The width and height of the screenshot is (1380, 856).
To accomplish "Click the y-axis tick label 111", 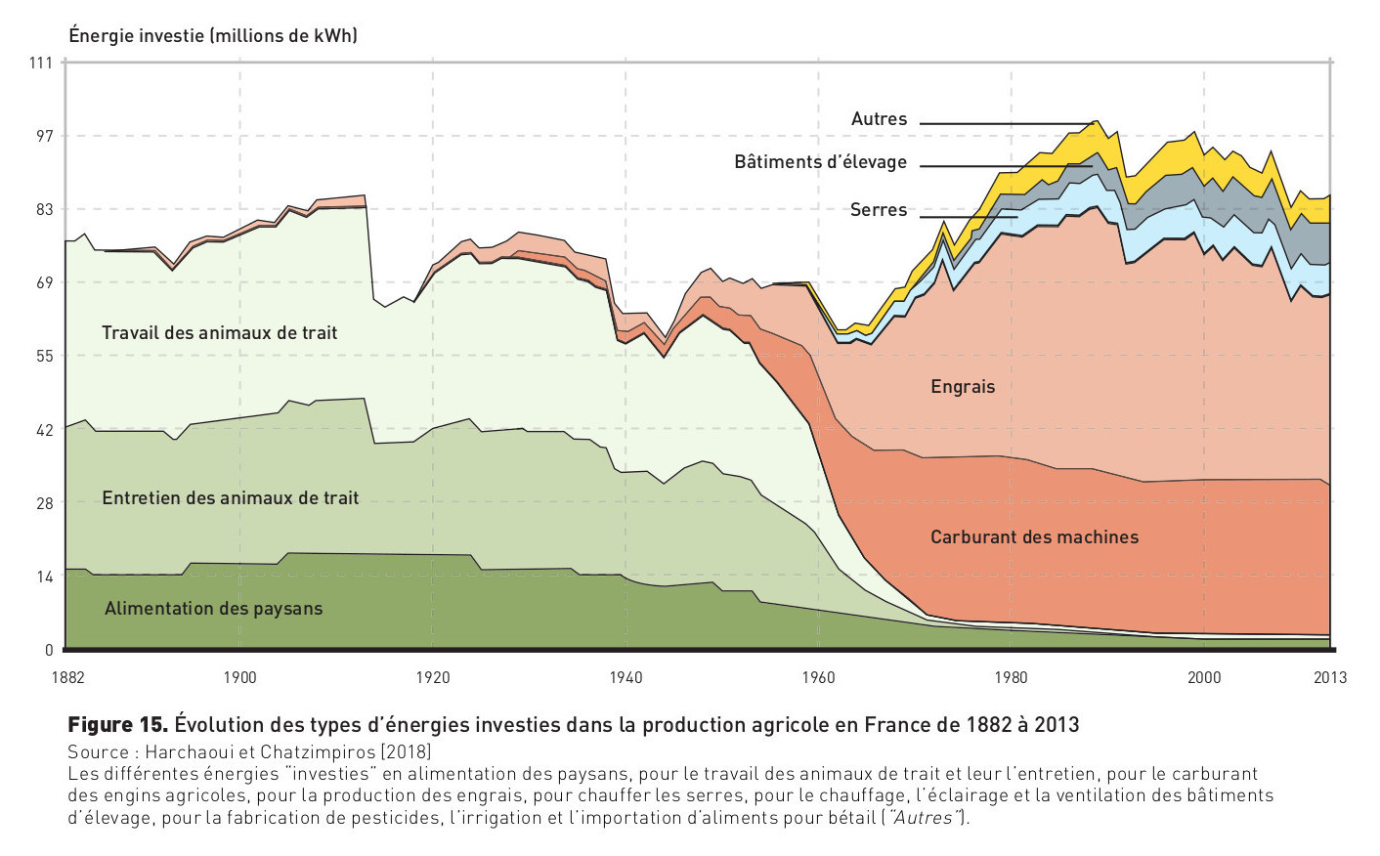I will [40, 63].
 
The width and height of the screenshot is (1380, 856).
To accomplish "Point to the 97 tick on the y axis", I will [44, 136].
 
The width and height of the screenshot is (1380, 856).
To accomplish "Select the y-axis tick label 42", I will [44, 430].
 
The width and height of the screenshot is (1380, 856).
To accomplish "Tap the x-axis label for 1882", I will [67, 677].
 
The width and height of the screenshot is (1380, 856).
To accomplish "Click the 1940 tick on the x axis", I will [625, 677].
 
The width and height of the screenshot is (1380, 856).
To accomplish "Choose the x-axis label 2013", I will [1329, 677].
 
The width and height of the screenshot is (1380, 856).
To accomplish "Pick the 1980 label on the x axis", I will [1011, 677].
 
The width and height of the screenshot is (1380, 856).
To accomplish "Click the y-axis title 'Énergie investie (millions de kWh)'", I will [213, 36].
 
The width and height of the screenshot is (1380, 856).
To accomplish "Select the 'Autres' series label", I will [879, 119].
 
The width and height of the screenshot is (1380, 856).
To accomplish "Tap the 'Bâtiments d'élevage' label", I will [820, 162].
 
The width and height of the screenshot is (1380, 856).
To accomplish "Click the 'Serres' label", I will [878, 210].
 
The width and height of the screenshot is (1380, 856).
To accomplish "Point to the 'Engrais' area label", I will [962, 387].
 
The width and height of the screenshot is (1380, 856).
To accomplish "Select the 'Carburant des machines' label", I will [1034, 537].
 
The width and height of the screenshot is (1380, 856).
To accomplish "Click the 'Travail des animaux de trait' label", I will [219, 333].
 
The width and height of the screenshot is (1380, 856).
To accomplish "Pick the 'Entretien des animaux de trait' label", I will [231, 498].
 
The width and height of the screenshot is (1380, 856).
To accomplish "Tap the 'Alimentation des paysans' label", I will [213, 609].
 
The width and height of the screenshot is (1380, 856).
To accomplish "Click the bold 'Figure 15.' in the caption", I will [117, 725].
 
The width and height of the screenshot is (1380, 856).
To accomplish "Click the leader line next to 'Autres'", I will [1007, 124].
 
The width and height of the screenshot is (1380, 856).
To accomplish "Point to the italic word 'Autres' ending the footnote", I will [924, 818].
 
